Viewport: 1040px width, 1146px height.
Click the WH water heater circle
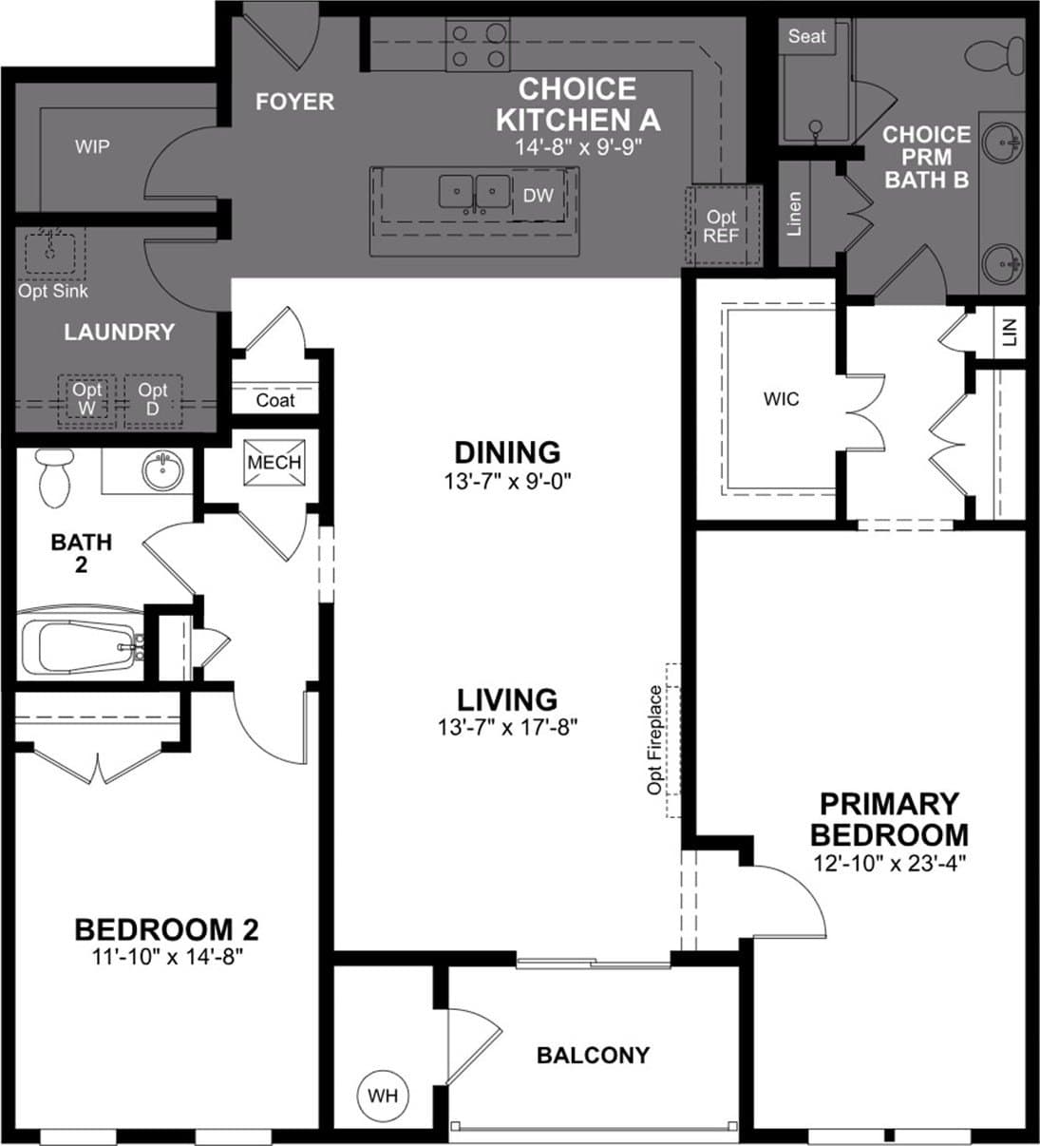[x=383, y=1096]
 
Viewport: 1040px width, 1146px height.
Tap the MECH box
[x=274, y=462]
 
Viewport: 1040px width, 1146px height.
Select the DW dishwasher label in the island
[x=538, y=196]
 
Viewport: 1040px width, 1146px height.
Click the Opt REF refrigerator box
[x=723, y=225]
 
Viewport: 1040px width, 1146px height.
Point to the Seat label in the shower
[x=806, y=36]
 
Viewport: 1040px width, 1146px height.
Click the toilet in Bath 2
[x=55, y=478]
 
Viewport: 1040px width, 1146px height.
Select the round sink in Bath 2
[x=162, y=469]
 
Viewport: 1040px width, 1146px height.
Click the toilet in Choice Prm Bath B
[x=994, y=56]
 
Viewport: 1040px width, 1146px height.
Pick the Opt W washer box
[x=86, y=400]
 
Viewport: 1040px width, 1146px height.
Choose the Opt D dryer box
[x=153, y=400]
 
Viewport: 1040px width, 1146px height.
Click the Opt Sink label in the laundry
[x=52, y=291]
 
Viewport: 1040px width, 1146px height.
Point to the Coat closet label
[x=274, y=400]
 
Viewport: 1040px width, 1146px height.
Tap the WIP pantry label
[x=92, y=147]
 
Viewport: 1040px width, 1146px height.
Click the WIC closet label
[x=781, y=399]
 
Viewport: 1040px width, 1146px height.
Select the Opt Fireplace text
[x=654, y=740]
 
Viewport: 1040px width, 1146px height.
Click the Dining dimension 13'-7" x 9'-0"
[x=508, y=482]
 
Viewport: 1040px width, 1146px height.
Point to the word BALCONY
[x=593, y=1055]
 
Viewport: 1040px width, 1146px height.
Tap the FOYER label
[x=294, y=102]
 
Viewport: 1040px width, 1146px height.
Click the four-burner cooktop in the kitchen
[x=478, y=45]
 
